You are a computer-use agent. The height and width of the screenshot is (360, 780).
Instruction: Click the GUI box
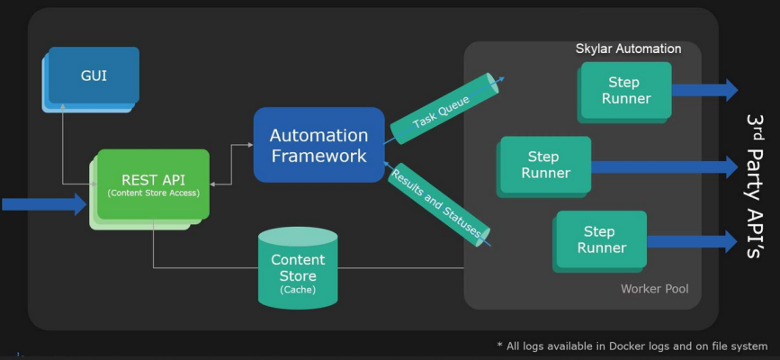pos(94,76)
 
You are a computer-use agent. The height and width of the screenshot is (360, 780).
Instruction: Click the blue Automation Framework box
pos(318,145)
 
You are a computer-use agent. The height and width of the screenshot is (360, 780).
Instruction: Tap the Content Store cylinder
pos(298,266)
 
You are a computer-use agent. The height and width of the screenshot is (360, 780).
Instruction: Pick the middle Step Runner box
pos(545,165)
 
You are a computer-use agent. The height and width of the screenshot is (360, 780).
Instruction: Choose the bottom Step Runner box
pos(601,239)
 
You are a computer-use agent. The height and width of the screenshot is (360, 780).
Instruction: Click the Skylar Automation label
pos(628,49)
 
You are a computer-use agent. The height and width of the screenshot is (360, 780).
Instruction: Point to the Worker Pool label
pos(654,289)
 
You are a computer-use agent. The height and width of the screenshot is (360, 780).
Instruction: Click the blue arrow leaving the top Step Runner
pos(704,89)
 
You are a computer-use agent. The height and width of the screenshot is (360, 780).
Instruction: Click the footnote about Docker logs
pos(632,346)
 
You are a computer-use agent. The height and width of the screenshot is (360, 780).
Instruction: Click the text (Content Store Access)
pos(153,193)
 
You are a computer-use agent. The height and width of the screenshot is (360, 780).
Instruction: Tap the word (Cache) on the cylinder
pos(298,290)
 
